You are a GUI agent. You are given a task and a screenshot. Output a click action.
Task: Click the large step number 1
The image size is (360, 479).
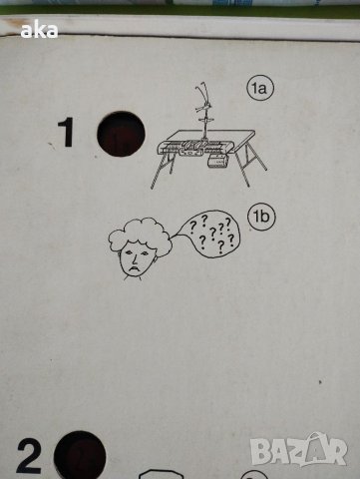click(x=67, y=133)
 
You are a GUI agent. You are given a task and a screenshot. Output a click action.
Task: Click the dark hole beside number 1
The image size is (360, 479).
click(x=121, y=134)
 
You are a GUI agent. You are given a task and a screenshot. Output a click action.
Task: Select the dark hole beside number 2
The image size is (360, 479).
click(x=80, y=455)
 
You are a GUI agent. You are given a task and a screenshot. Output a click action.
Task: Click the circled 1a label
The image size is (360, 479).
click(x=260, y=89)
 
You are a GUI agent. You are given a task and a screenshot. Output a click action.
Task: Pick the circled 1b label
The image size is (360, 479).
click(x=261, y=217)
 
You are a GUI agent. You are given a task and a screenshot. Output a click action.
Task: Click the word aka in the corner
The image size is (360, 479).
click(x=39, y=31)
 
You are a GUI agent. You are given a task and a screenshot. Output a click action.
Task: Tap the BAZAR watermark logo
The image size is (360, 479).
click(x=299, y=449)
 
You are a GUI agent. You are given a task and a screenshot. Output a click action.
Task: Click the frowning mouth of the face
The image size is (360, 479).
click(x=135, y=267)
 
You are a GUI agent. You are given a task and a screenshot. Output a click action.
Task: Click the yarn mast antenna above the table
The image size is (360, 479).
click(x=203, y=111)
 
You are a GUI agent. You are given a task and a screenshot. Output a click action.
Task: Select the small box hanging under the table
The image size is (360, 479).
click(x=217, y=162)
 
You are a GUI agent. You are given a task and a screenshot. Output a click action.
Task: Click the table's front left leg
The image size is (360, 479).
click(x=156, y=173)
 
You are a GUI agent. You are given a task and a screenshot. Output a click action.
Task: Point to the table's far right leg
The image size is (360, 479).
click(x=259, y=159)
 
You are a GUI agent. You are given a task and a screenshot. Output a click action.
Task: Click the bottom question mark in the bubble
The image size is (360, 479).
click(x=220, y=247)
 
